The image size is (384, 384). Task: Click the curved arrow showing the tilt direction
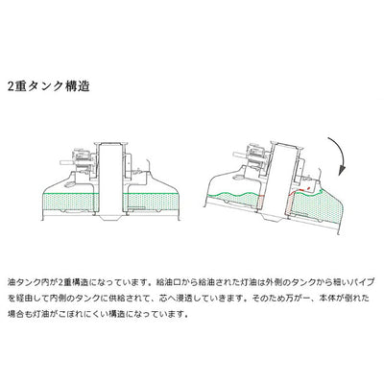coord(343,156)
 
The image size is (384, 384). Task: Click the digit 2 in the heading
coord(12,86)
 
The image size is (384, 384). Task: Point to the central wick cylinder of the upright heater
coord(110,180)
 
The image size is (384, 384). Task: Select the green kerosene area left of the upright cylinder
coord(70,203)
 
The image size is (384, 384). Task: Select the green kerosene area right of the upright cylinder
coord(151,202)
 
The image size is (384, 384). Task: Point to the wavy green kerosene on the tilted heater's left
coord(233,200)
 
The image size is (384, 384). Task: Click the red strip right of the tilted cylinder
coord(288,204)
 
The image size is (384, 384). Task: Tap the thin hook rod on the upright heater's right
coord(147,165)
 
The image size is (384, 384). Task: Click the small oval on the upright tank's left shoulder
coord(69,185)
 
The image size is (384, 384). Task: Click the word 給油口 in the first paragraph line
coord(168,282)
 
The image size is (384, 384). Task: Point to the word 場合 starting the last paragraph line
coord(15,314)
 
